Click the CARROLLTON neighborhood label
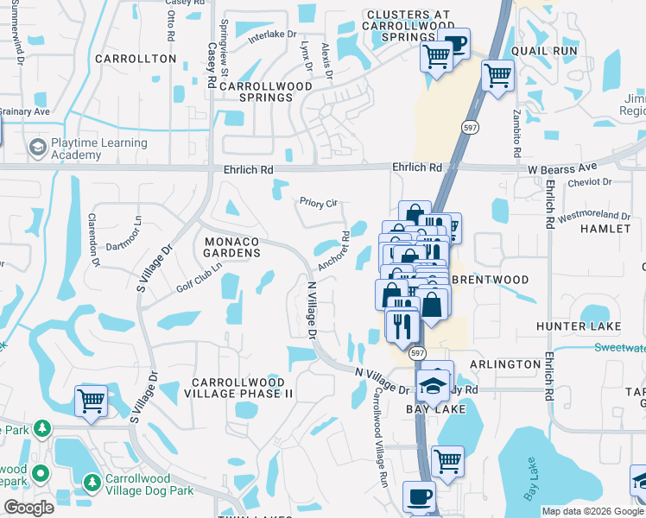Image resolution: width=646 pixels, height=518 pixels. click(135, 59)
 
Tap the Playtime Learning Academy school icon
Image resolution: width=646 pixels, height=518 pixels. click(37, 148)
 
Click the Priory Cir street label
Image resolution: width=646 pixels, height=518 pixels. click(317, 203)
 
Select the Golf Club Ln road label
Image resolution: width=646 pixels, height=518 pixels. click(199, 275)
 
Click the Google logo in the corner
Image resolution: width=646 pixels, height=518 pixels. click(28, 508)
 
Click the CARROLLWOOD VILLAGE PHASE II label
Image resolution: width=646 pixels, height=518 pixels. click(244, 387)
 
